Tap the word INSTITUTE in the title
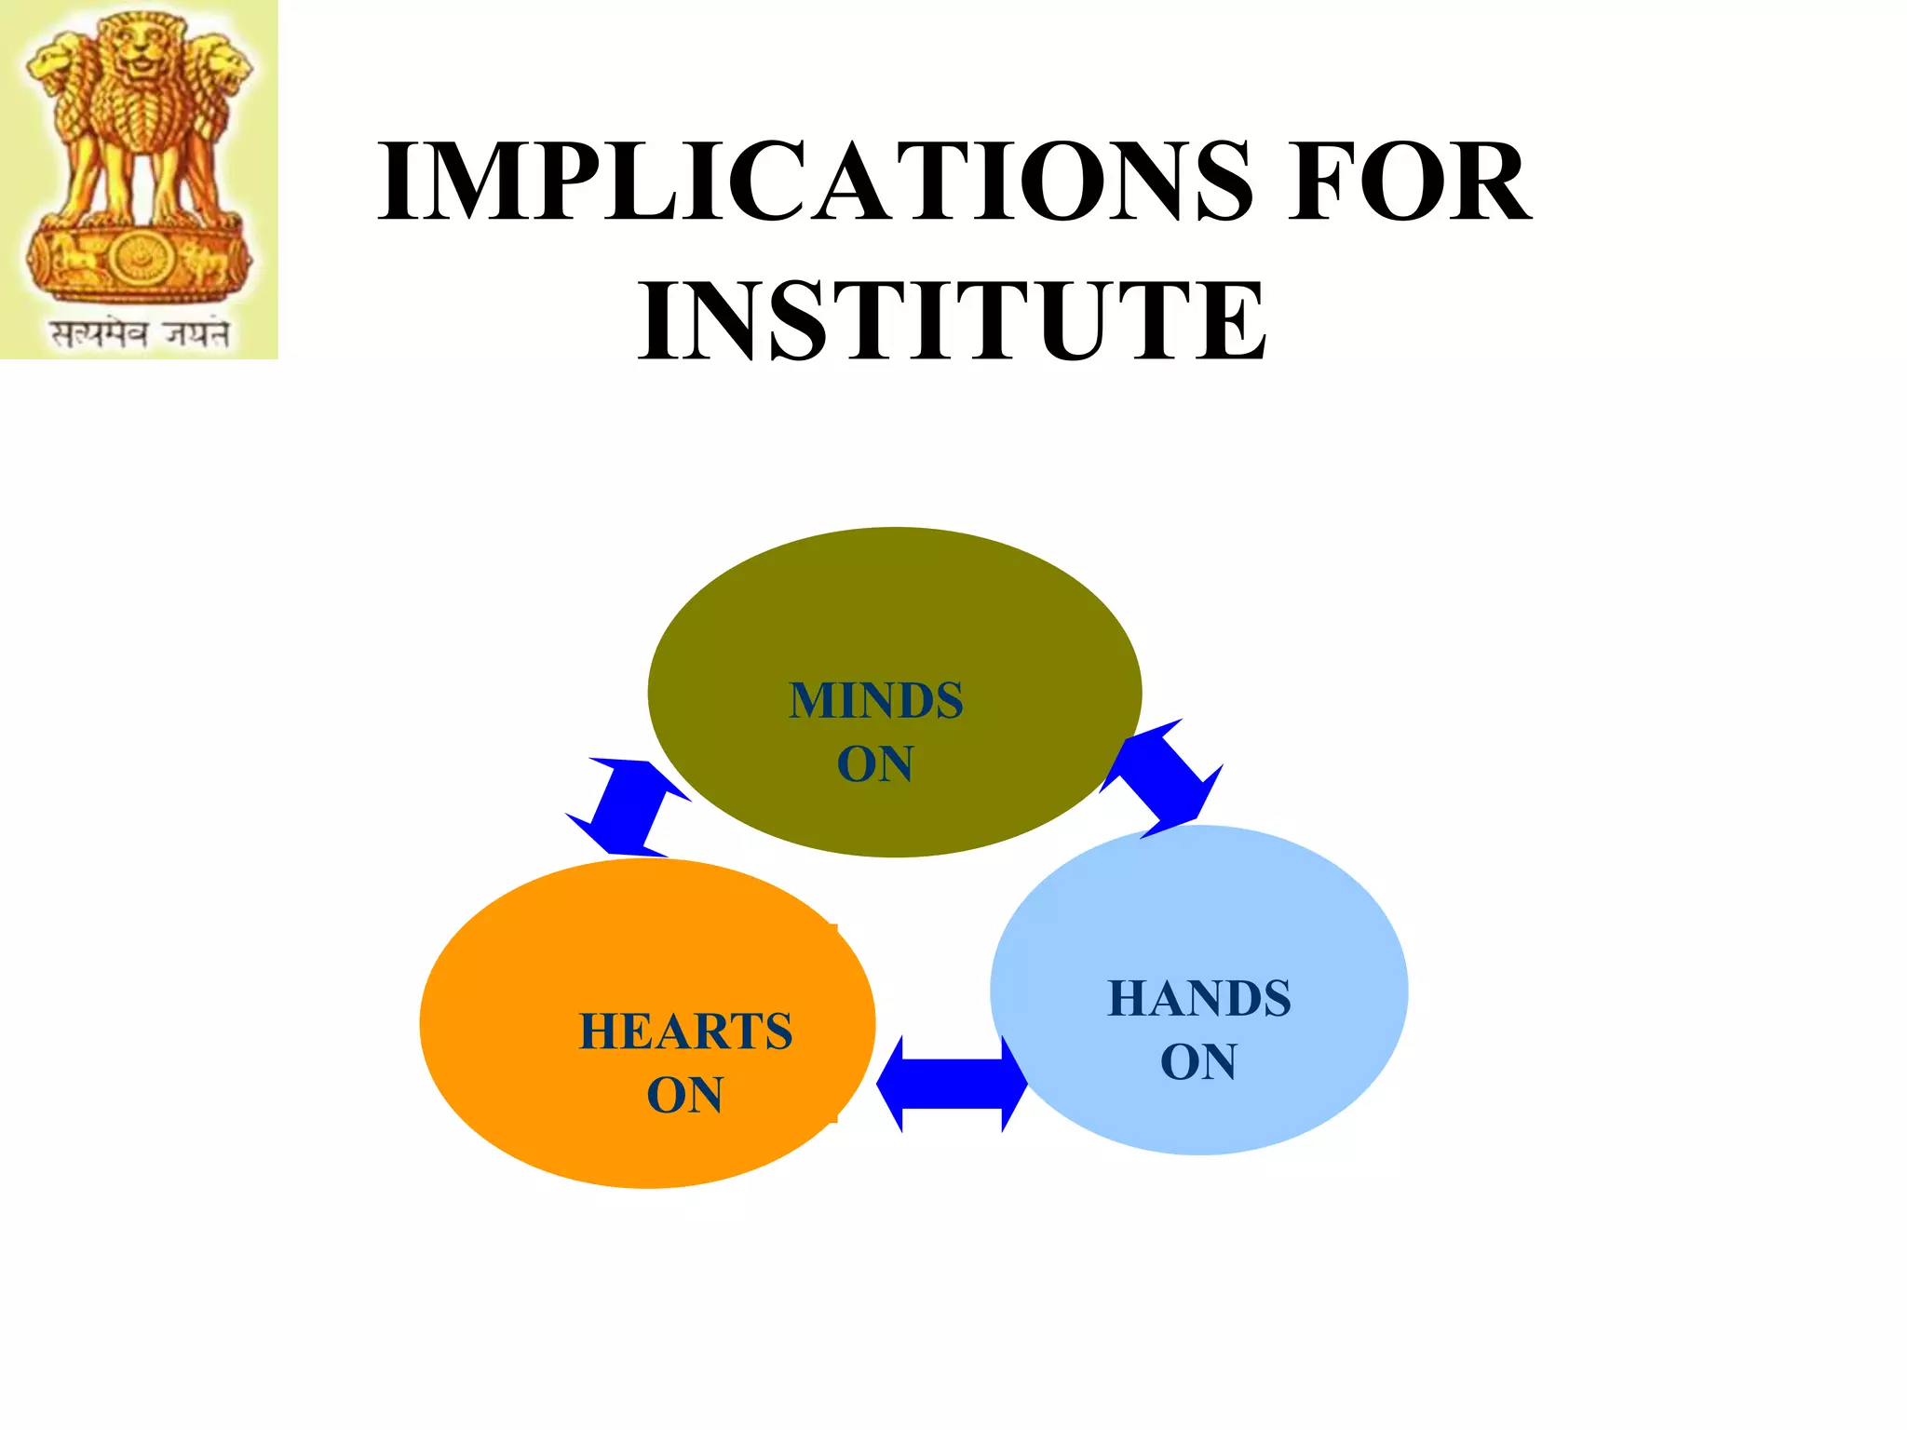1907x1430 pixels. coord(952,321)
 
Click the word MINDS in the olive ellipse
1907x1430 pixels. coord(875,701)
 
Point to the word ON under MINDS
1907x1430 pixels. coord(874,764)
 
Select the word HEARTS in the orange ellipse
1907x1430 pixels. coord(685,1032)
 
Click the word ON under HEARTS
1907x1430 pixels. coord(684,1095)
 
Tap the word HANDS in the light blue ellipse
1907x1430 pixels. coord(1199,999)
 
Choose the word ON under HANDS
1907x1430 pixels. coord(1198,1062)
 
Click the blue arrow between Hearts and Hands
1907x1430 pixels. coord(952,1084)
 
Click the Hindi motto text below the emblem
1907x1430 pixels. coord(140,333)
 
